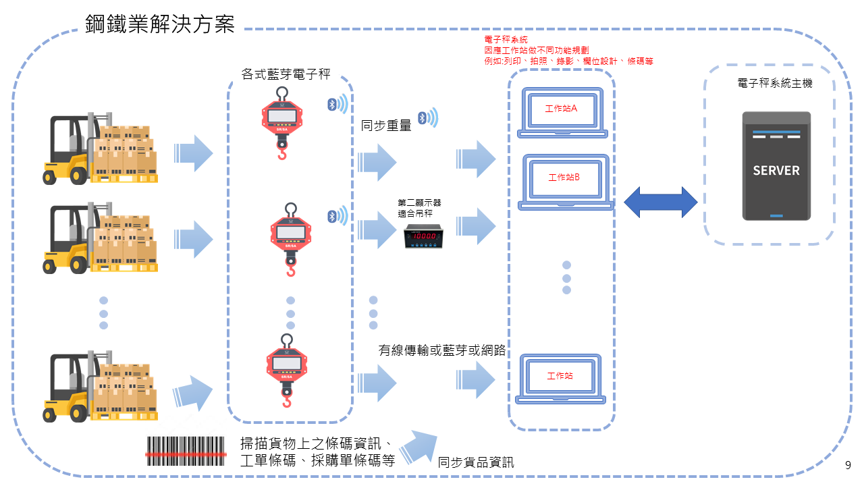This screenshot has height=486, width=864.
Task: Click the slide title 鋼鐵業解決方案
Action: tap(160, 24)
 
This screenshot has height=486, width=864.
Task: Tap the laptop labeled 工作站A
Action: tap(562, 112)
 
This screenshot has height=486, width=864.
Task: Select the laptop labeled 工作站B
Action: tap(564, 181)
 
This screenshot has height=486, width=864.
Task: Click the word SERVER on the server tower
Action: tap(776, 171)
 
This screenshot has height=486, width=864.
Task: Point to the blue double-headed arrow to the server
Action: tap(660, 202)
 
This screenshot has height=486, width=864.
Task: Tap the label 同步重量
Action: tap(386, 125)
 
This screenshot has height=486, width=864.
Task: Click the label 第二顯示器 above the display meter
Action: tap(419, 202)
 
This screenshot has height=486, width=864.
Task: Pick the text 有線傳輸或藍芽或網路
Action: tap(442, 350)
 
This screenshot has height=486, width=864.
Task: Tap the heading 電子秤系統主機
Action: tap(775, 84)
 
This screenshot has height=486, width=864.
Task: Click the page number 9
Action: tap(848, 466)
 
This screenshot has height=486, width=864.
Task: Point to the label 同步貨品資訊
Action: tap(476, 462)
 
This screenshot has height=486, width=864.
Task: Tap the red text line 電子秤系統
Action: tap(506, 40)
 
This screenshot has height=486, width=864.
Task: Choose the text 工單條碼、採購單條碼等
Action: tap(317, 460)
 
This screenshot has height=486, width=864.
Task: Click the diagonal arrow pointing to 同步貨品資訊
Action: tap(418, 446)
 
